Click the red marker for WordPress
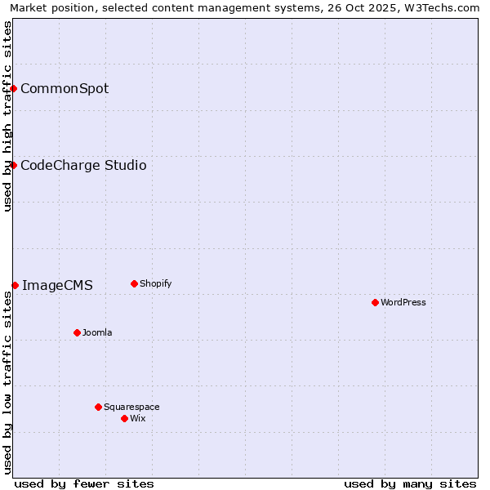point(375,302)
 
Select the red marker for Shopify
point(134,283)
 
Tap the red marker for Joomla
point(77,332)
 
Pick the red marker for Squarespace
point(98,407)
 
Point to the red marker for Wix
point(124,418)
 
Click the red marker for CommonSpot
point(14,88)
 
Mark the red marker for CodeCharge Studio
point(14,165)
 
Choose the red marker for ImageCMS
point(15,285)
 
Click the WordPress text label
point(403,302)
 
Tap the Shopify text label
point(156,283)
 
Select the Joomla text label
point(97,332)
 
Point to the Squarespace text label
point(131,407)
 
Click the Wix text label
point(138,418)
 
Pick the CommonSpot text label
point(65,88)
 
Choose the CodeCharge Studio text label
point(83,165)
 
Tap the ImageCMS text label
point(57,285)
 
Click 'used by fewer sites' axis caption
point(84,483)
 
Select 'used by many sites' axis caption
point(410,483)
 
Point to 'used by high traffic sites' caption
point(7,116)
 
